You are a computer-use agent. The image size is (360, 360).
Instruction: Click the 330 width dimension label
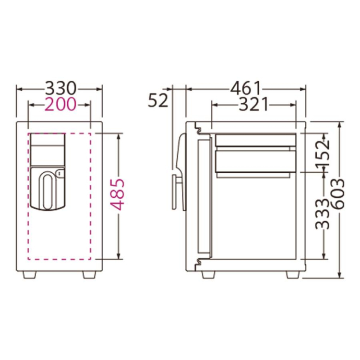click(x=60, y=88)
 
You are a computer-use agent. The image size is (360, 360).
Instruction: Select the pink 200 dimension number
click(x=60, y=104)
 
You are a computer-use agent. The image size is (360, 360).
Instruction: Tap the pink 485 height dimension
click(x=119, y=195)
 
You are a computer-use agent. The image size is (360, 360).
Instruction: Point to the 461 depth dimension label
click(x=246, y=88)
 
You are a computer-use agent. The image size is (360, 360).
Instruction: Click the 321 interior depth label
click(x=253, y=105)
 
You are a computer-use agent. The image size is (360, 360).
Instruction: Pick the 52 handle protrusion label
click(x=158, y=100)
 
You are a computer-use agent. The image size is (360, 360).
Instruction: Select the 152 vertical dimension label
click(x=323, y=154)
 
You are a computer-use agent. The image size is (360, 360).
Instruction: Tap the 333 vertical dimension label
click(x=323, y=214)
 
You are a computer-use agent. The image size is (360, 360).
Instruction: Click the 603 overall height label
click(x=338, y=194)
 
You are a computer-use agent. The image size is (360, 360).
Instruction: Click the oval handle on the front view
click(x=48, y=191)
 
